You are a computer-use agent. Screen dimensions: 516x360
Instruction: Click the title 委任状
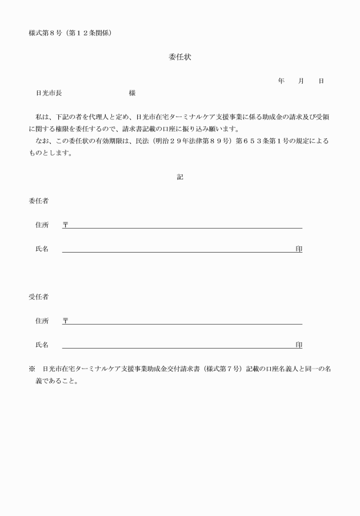(179, 57)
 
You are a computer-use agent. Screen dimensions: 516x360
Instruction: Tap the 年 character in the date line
(281, 81)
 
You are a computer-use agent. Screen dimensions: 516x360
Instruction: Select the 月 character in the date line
(301, 81)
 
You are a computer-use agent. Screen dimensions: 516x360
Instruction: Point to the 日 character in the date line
(321, 81)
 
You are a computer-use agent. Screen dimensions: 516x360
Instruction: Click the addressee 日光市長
(49, 93)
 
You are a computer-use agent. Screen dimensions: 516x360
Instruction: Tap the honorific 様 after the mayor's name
(132, 93)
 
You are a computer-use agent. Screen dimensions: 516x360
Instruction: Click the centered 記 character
(179, 177)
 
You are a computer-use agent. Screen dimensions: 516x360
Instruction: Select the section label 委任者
(38, 201)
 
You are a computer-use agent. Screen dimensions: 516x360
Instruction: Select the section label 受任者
(38, 297)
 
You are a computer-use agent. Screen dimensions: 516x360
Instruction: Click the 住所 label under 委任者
(42, 225)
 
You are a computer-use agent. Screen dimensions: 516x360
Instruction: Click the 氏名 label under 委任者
(42, 249)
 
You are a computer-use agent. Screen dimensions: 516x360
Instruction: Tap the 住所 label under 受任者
(42, 321)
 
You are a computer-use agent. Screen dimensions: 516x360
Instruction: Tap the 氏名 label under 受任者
(42, 345)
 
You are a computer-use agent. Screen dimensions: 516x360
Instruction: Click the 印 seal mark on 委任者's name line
(299, 249)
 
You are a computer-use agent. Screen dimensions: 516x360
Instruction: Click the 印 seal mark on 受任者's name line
(299, 345)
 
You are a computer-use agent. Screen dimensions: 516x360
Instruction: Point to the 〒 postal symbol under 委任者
(65, 225)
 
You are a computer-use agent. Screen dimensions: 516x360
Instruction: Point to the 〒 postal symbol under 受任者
(65, 321)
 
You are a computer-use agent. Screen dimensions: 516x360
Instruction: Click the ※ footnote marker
(32, 369)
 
